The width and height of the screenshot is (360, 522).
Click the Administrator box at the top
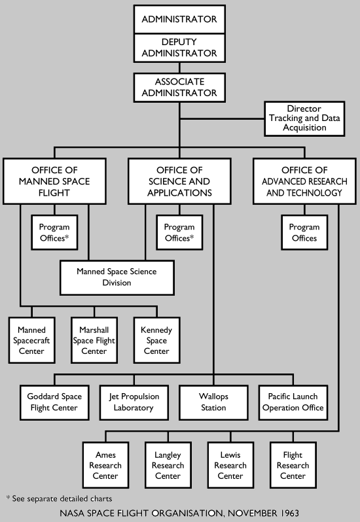[179, 19]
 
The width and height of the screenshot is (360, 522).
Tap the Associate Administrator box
[179, 88]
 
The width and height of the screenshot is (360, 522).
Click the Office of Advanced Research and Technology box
[304, 181]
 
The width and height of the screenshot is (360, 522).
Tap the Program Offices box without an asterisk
[304, 232]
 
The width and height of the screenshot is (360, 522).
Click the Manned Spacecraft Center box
[32, 340]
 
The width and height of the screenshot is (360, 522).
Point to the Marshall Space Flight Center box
[94, 340]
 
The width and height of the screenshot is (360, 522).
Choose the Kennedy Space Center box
[156, 340]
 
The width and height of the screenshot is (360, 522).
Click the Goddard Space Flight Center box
[52, 402]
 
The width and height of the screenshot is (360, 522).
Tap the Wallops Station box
[213, 402]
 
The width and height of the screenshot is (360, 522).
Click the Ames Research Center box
[105, 466]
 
